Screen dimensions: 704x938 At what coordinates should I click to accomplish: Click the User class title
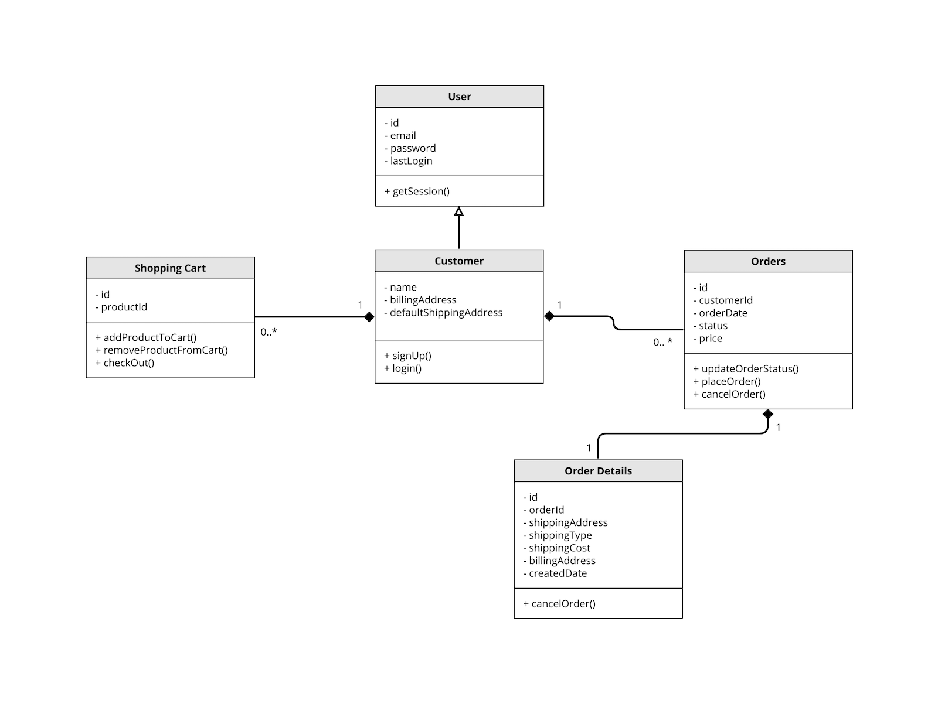click(x=459, y=97)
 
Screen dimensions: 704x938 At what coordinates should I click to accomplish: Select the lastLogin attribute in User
click(x=410, y=161)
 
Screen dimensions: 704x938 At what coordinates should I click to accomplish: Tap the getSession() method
click(x=417, y=191)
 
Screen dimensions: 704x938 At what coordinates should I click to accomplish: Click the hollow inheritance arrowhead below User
click(x=459, y=211)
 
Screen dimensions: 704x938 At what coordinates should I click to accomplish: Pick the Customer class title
click(x=459, y=261)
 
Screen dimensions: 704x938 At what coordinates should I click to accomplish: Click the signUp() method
click(x=408, y=356)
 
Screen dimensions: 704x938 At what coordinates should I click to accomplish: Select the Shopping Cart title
click(x=170, y=268)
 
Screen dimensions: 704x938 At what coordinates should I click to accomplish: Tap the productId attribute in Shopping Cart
click(x=123, y=307)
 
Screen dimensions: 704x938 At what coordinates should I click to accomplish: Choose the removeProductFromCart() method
click(x=162, y=350)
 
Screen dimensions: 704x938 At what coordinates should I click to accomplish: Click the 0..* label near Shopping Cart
click(x=269, y=332)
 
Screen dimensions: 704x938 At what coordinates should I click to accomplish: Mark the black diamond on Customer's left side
click(x=369, y=317)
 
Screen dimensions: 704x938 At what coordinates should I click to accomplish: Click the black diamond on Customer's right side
click(x=549, y=316)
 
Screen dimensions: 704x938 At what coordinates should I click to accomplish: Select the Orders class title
click(x=768, y=261)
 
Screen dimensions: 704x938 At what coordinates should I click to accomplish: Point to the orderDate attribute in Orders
click(x=722, y=313)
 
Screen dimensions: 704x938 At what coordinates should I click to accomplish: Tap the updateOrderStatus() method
click(x=746, y=369)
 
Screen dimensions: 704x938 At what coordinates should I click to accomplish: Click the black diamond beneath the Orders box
click(x=768, y=414)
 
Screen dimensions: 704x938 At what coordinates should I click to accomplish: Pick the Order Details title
click(x=598, y=471)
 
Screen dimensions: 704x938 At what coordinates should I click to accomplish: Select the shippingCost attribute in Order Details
click(x=559, y=548)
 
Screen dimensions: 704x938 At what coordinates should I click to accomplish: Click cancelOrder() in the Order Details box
click(x=560, y=604)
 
